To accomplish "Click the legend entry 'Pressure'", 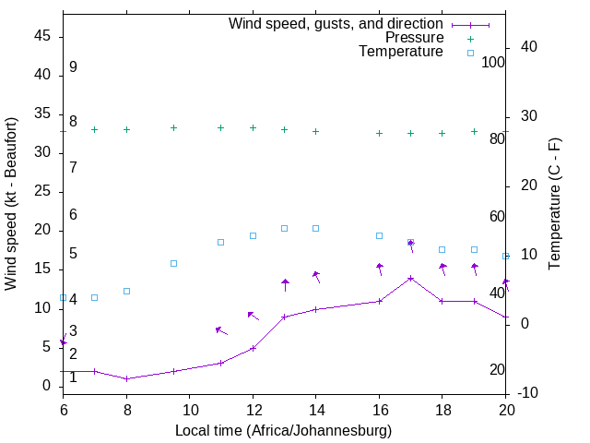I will (x=414, y=38).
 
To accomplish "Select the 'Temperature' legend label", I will (x=401, y=52).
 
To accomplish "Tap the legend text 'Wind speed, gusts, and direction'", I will (x=336, y=23).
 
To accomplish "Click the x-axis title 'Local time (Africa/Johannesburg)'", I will (x=284, y=430).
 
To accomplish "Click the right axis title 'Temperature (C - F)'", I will (x=554, y=203).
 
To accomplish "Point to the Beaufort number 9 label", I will (x=73, y=67).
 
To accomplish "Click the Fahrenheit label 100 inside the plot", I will (x=493, y=62).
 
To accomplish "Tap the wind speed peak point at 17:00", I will (x=410, y=278).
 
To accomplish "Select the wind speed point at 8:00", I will (x=126, y=378).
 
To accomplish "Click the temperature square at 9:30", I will (x=173, y=263).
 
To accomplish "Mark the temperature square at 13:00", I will (x=284, y=228).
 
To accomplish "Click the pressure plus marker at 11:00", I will (x=220, y=127).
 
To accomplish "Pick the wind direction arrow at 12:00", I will (x=253, y=317).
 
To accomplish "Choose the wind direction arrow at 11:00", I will (x=221, y=330).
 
